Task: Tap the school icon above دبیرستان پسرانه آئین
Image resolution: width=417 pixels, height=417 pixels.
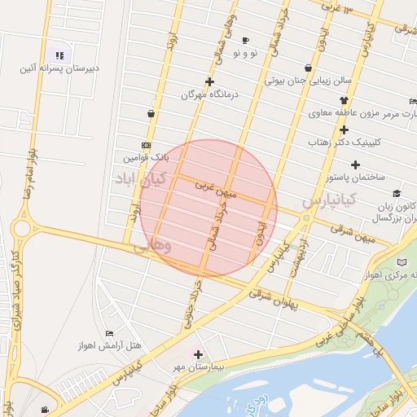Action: click(59, 55)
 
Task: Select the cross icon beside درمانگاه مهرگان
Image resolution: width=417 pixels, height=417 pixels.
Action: click(209, 81)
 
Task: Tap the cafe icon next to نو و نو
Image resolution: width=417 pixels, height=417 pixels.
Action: click(245, 40)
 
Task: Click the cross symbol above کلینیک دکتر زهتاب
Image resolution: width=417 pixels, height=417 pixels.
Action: click(345, 129)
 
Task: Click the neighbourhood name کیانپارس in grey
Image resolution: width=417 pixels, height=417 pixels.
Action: click(329, 199)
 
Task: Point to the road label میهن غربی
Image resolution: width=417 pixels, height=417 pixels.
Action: click(215, 190)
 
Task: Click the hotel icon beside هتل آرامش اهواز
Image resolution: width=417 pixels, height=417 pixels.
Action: click(110, 334)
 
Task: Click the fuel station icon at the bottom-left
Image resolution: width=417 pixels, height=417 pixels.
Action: click(44, 410)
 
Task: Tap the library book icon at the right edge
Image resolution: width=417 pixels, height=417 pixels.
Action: click(402, 261)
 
